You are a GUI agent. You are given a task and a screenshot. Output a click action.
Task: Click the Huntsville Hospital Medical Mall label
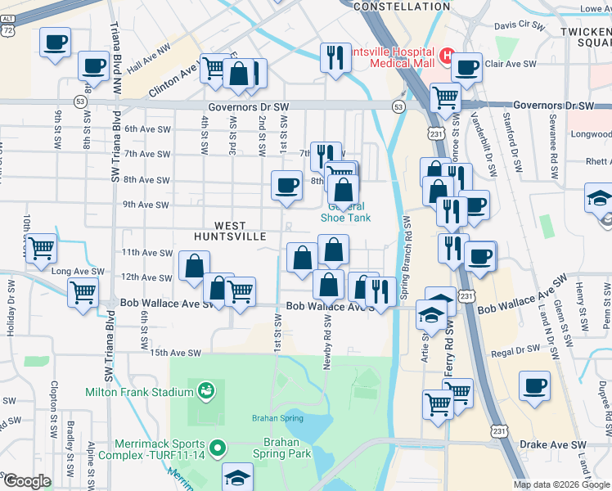(x=391, y=56)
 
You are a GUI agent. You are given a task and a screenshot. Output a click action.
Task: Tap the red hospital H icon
(x=448, y=56)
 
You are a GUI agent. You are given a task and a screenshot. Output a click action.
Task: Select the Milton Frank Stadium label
(x=138, y=392)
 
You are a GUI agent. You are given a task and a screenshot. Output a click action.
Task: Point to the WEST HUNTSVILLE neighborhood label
(x=230, y=230)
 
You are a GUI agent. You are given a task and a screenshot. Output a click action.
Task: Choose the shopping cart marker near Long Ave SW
(x=41, y=247)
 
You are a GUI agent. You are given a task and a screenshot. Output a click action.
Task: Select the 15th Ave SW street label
(x=176, y=353)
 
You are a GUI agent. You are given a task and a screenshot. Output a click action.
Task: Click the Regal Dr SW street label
(x=517, y=352)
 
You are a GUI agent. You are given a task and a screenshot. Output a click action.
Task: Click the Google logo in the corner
(x=27, y=481)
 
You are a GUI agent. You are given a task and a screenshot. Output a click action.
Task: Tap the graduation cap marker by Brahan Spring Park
(x=238, y=476)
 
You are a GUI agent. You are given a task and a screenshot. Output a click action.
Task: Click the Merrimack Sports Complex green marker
(x=217, y=448)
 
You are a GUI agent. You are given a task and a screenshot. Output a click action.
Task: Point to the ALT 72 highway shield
(x=7, y=27)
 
